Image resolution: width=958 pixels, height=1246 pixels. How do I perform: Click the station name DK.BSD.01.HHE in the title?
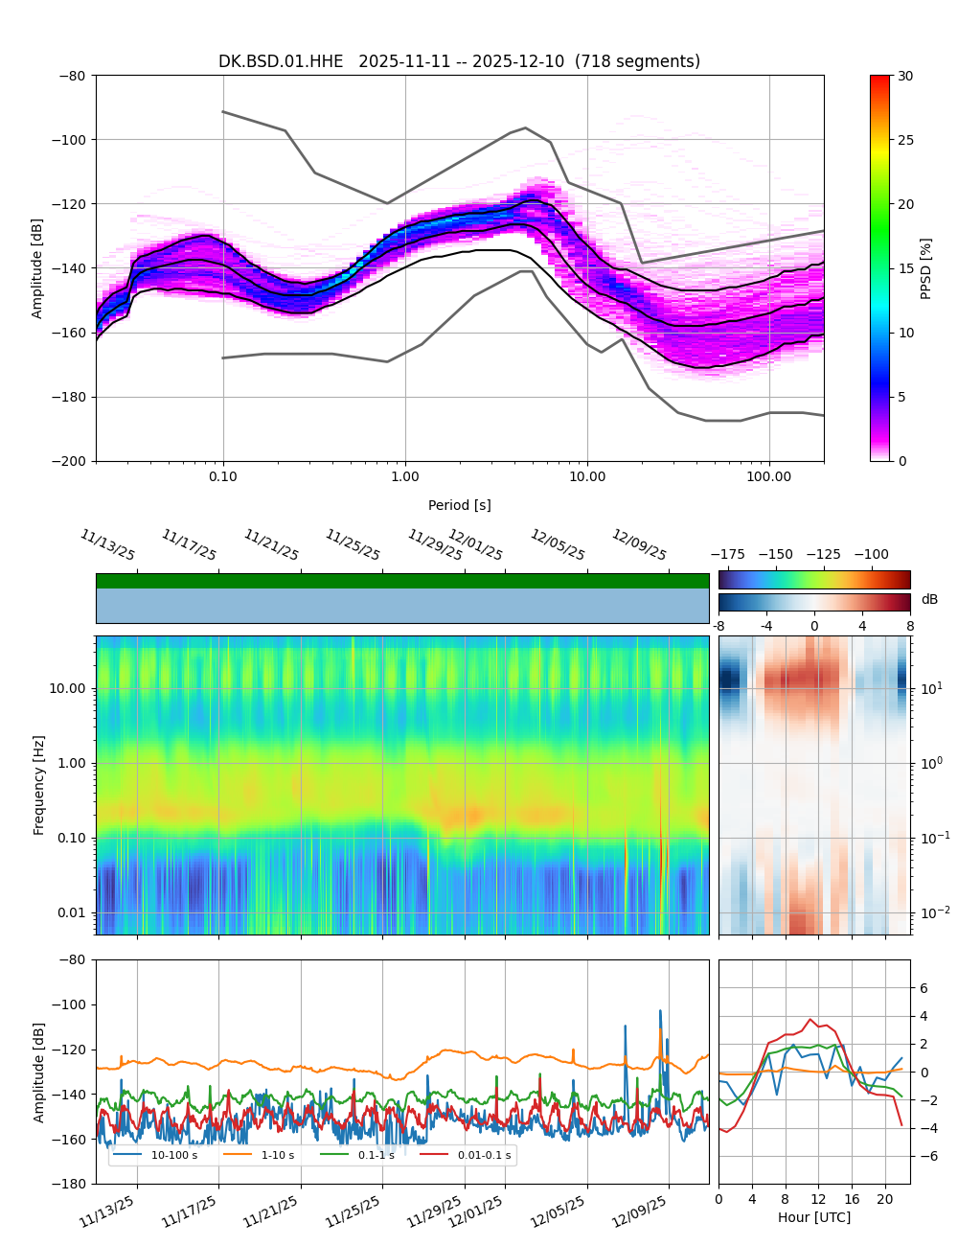click(281, 61)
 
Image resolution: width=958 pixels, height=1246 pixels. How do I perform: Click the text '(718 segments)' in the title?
click(636, 61)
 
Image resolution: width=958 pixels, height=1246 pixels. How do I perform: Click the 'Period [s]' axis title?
click(459, 505)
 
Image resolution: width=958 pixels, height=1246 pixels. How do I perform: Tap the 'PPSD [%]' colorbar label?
click(926, 268)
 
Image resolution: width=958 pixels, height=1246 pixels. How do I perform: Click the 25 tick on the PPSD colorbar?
click(904, 140)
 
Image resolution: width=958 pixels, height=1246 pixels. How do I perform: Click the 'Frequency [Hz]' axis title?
click(39, 785)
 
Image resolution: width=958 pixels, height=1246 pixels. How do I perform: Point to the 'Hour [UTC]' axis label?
click(813, 1217)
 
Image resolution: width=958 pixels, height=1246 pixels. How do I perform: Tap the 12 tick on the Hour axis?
click(817, 1199)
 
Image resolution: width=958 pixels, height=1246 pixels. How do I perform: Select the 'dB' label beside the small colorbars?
click(929, 599)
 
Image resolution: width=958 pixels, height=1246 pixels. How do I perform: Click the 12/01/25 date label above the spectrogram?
click(475, 545)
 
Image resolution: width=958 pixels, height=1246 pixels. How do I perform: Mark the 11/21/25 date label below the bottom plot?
click(271, 1212)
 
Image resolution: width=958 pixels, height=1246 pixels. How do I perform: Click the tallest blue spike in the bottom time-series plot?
click(659, 1011)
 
